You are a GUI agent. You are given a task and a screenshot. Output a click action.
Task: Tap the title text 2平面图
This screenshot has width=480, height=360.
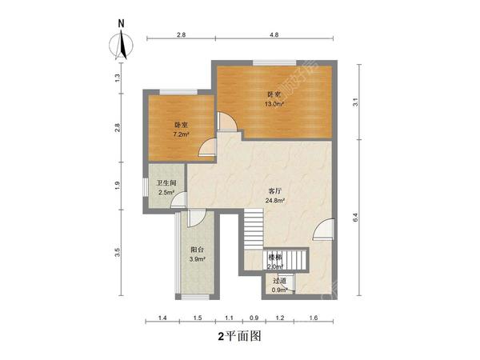[x=239, y=337]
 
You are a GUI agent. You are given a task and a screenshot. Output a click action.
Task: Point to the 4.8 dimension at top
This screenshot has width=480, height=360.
[x=274, y=36]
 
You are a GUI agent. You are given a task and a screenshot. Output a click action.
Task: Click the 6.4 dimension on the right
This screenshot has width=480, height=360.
[x=354, y=217]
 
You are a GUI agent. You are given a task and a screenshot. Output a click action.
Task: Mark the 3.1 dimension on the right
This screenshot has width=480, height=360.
[x=354, y=102]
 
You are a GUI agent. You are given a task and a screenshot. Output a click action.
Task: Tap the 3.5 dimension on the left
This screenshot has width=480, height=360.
[x=117, y=253]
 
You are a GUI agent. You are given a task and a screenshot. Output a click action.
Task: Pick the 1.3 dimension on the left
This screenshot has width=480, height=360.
[x=117, y=77]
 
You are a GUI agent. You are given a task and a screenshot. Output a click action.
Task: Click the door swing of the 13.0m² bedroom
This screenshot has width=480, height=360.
[x=227, y=120]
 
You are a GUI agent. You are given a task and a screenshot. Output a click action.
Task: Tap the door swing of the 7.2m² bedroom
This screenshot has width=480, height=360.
[x=207, y=146]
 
